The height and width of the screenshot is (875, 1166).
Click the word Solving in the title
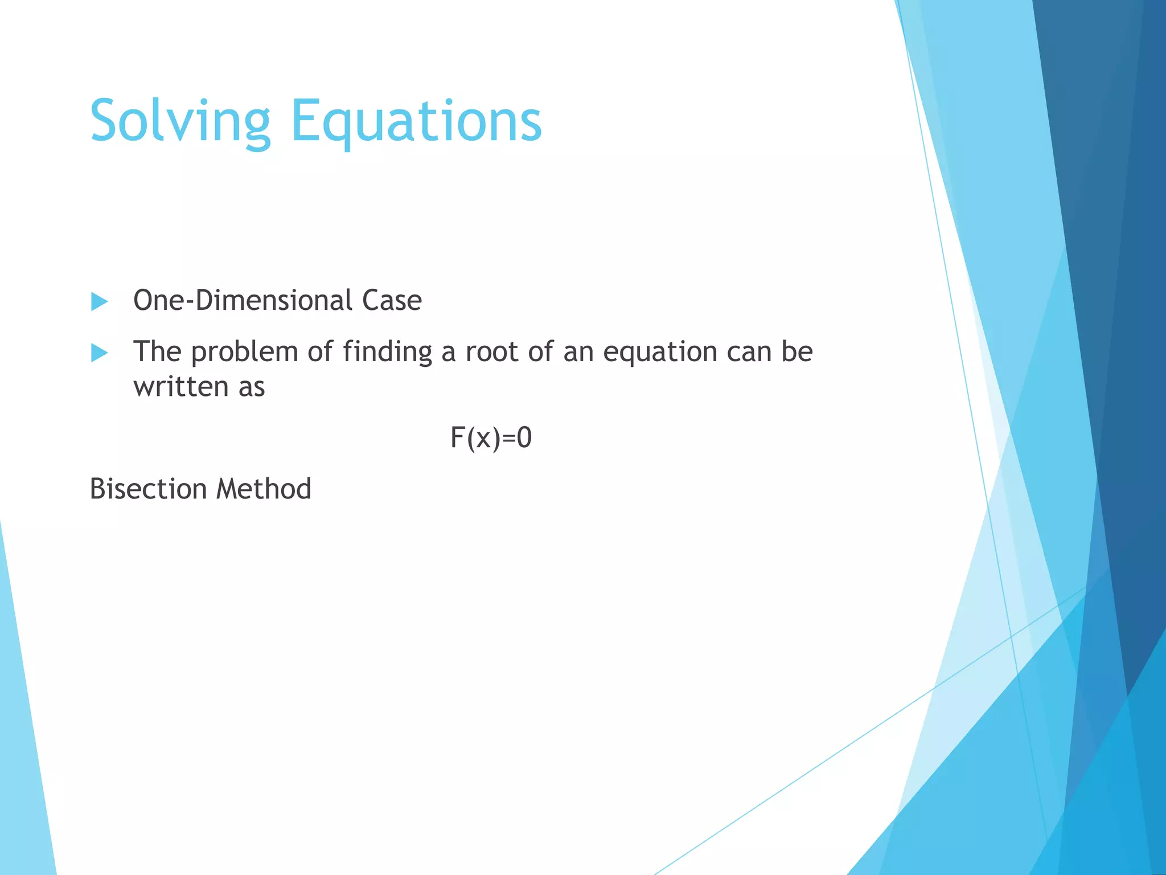point(180,121)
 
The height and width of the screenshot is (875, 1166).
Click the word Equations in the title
point(416,121)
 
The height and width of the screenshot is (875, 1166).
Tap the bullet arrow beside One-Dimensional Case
point(99,301)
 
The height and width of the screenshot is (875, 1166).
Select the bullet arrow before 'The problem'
point(99,353)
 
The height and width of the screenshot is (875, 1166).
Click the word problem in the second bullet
point(245,352)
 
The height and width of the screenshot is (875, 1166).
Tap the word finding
point(387,352)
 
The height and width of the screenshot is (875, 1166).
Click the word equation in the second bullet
point(660,352)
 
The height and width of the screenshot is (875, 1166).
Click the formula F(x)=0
point(491,438)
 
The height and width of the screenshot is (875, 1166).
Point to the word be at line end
point(797,352)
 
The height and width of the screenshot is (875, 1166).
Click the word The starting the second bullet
point(157,352)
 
